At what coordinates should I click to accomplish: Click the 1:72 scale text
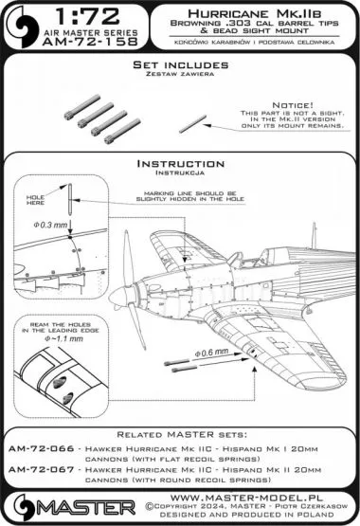(x=95, y=21)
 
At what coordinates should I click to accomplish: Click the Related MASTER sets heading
(x=180, y=435)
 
